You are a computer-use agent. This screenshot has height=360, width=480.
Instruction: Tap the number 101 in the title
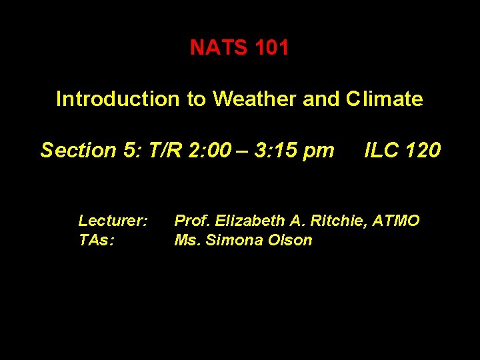(271, 48)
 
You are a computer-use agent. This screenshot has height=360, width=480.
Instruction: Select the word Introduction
(117, 99)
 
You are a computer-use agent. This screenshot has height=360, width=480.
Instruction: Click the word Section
(79, 151)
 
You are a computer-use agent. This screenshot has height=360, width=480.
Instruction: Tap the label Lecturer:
(113, 221)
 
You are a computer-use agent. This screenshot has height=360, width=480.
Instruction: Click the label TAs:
(97, 240)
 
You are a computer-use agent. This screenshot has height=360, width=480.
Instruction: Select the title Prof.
(191, 221)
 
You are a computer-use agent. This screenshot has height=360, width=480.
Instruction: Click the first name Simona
(233, 240)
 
